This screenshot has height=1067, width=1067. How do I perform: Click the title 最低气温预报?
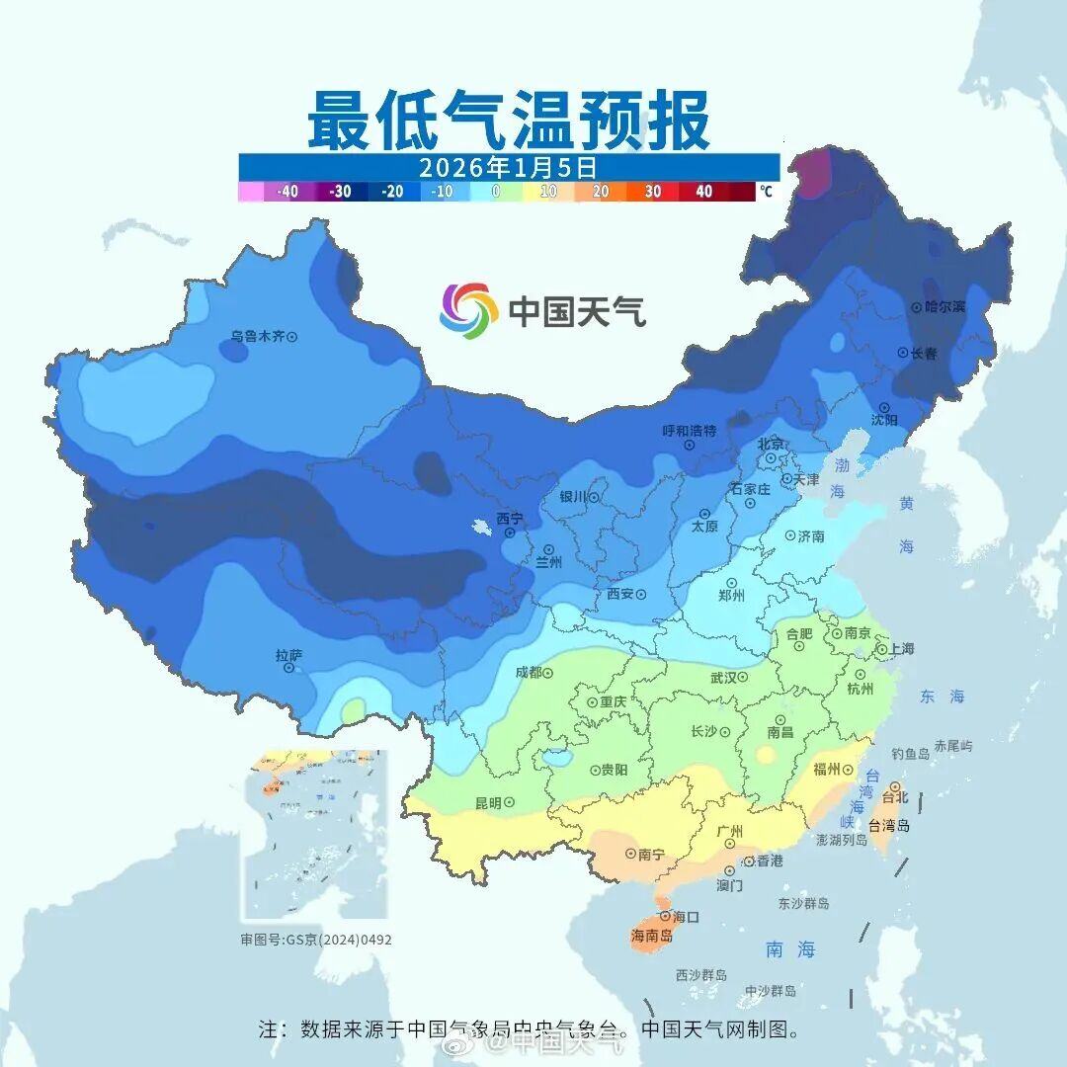pyautogui.click(x=508, y=121)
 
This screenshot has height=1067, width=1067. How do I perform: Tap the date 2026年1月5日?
pyautogui.click(x=508, y=167)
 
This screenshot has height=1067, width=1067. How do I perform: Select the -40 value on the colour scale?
pyautogui.click(x=287, y=192)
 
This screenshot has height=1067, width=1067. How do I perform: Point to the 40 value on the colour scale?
pyautogui.click(x=703, y=192)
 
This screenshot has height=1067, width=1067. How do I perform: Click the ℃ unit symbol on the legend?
pyautogui.click(x=767, y=192)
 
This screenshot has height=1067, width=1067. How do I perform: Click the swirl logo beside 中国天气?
pyautogui.click(x=468, y=310)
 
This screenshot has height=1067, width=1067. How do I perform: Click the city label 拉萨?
pyautogui.click(x=288, y=655)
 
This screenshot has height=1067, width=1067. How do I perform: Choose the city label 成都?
pyautogui.click(x=529, y=673)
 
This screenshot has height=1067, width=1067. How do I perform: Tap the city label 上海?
pyautogui.click(x=901, y=649)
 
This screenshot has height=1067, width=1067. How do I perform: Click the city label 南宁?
pyautogui.click(x=651, y=855)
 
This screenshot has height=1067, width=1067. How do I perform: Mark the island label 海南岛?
pyautogui.click(x=652, y=936)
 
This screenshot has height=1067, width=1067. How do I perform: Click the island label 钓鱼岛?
pyautogui.click(x=910, y=754)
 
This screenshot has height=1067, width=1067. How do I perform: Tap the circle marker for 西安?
pyautogui.click(x=641, y=595)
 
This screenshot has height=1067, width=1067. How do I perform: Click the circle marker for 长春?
pyautogui.click(x=902, y=353)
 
